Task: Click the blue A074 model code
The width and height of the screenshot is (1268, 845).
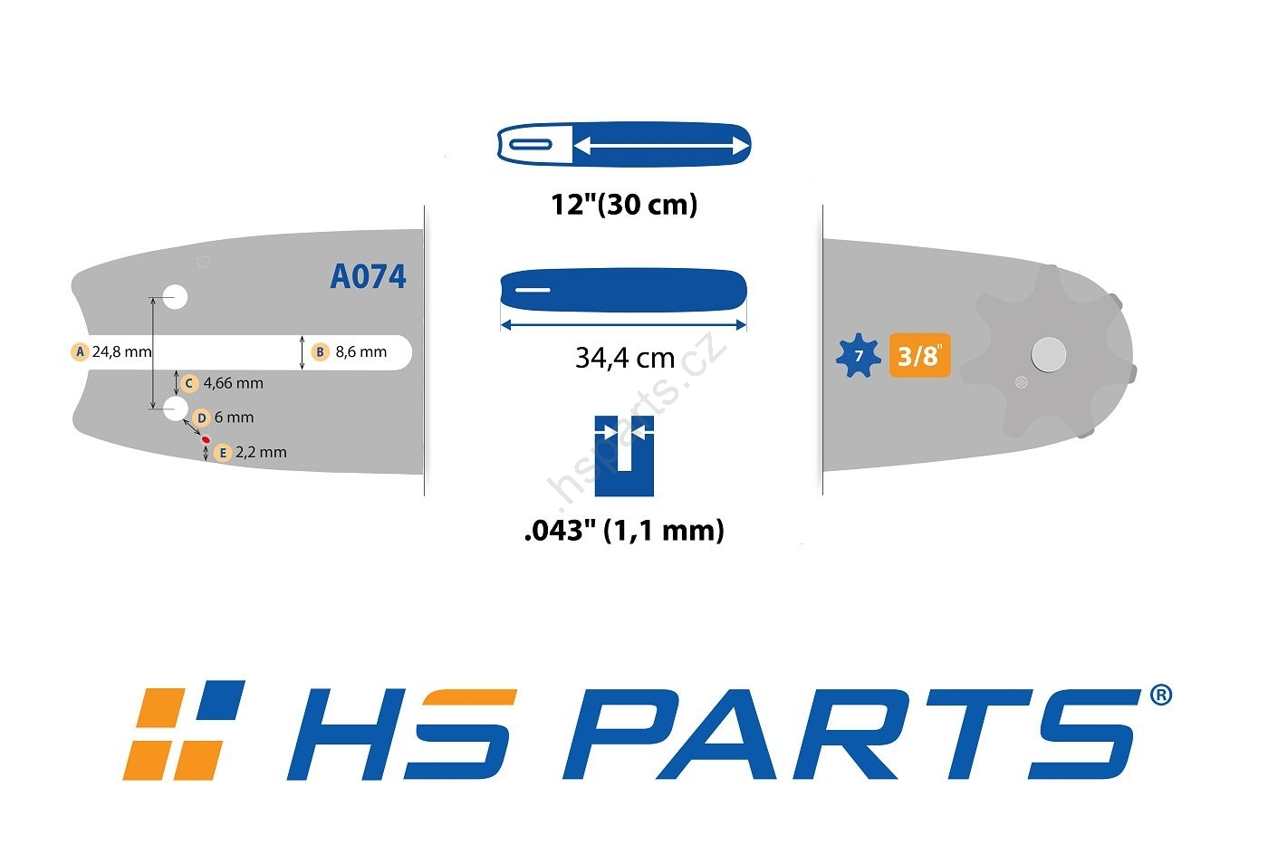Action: pyautogui.click(x=368, y=276)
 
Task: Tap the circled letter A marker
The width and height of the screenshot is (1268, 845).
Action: pyautogui.click(x=80, y=351)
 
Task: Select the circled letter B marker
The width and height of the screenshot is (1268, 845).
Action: pyautogui.click(x=321, y=351)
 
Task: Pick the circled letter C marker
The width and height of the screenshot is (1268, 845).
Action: pyautogui.click(x=189, y=383)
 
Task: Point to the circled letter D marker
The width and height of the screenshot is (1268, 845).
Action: pyautogui.click(x=201, y=418)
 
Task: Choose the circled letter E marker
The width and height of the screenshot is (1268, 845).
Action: pyautogui.click(x=223, y=453)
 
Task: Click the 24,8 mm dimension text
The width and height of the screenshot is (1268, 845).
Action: pyautogui.click(x=121, y=352)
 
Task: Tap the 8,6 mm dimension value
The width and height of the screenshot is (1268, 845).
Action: pyautogui.click(x=361, y=352)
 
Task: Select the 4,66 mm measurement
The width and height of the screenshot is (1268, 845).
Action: pyautogui.click(x=234, y=384)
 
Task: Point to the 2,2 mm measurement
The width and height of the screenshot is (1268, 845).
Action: pyautogui.click(x=261, y=453)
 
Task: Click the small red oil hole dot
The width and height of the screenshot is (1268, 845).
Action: pyautogui.click(x=207, y=439)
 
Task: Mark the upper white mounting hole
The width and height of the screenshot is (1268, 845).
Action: pyautogui.click(x=176, y=297)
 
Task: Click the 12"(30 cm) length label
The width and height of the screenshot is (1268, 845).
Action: pyautogui.click(x=624, y=205)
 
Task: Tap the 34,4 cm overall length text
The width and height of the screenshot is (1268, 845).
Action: pyautogui.click(x=625, y=358)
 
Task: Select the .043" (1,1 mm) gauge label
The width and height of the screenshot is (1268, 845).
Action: pyautogui.click(x=624, y=531)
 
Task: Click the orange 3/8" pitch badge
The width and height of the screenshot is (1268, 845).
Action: pyautogui.click(x=920, y=355)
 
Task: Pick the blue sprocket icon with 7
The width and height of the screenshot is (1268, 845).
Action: pyautogui.click(x=859, y=355)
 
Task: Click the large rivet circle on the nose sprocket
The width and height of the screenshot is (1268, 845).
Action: pyautogui.click(x=1049, y=355)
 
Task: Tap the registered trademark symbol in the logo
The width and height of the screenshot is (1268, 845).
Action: pyautogui.click(x=1161, y=695)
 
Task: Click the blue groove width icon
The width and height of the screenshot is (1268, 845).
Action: pyautogui.click(x=624, y=456)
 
